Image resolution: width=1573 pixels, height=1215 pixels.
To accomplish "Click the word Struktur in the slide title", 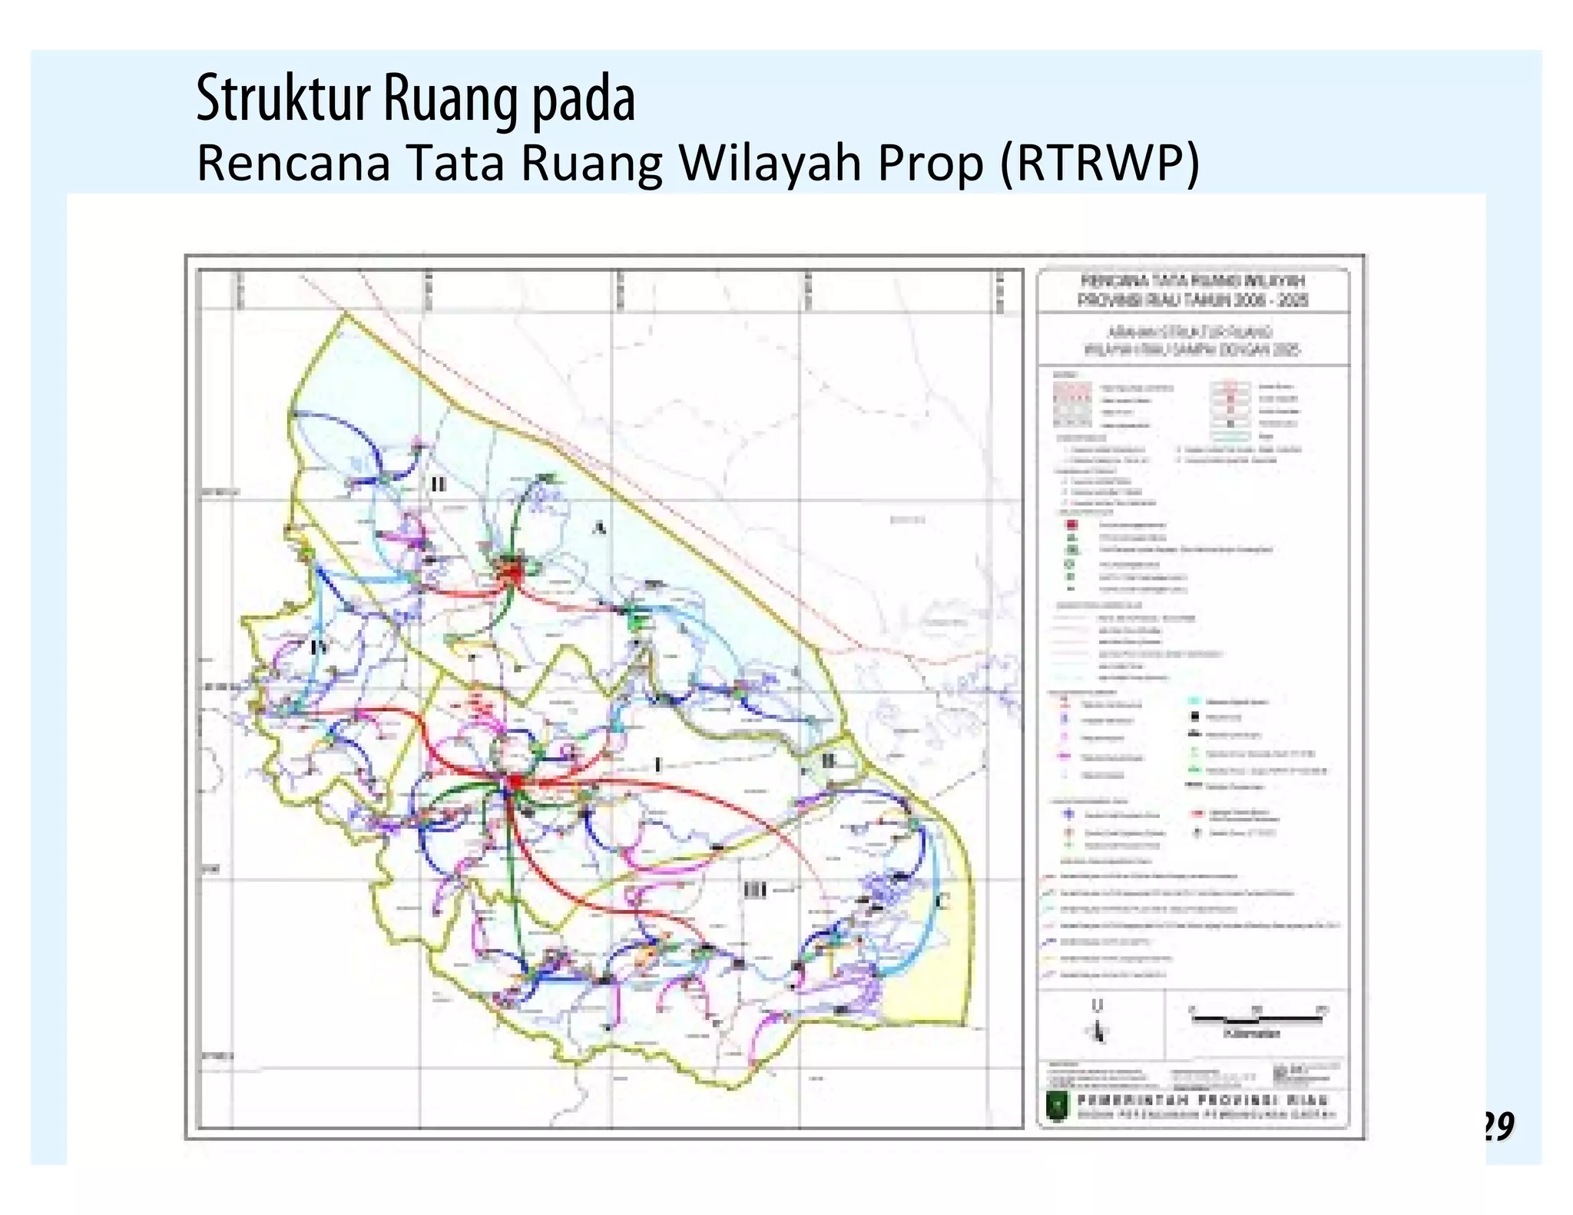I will coord(283,100).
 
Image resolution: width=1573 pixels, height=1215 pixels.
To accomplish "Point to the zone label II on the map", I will coord(438,484).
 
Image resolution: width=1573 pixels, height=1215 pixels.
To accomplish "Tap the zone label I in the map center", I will coord(657,765).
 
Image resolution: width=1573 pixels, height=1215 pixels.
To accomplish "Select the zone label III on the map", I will coord(756,890).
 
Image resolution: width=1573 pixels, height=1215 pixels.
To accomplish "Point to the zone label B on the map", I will coord(828,760).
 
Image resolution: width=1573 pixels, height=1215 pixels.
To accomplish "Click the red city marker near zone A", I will coord(509,571).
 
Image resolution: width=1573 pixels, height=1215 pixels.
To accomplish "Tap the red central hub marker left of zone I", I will coord(513,782).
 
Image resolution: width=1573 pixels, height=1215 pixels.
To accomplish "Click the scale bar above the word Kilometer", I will coord(1256,1018).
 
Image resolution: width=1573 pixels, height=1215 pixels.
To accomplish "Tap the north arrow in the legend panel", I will coord(1098,1025).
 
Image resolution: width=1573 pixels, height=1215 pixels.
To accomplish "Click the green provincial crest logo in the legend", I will coord(1058,1107).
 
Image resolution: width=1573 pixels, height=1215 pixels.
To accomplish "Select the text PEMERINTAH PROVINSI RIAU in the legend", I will coord(1202,1100).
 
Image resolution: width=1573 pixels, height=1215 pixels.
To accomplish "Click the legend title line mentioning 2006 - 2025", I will coord(1193,300).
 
